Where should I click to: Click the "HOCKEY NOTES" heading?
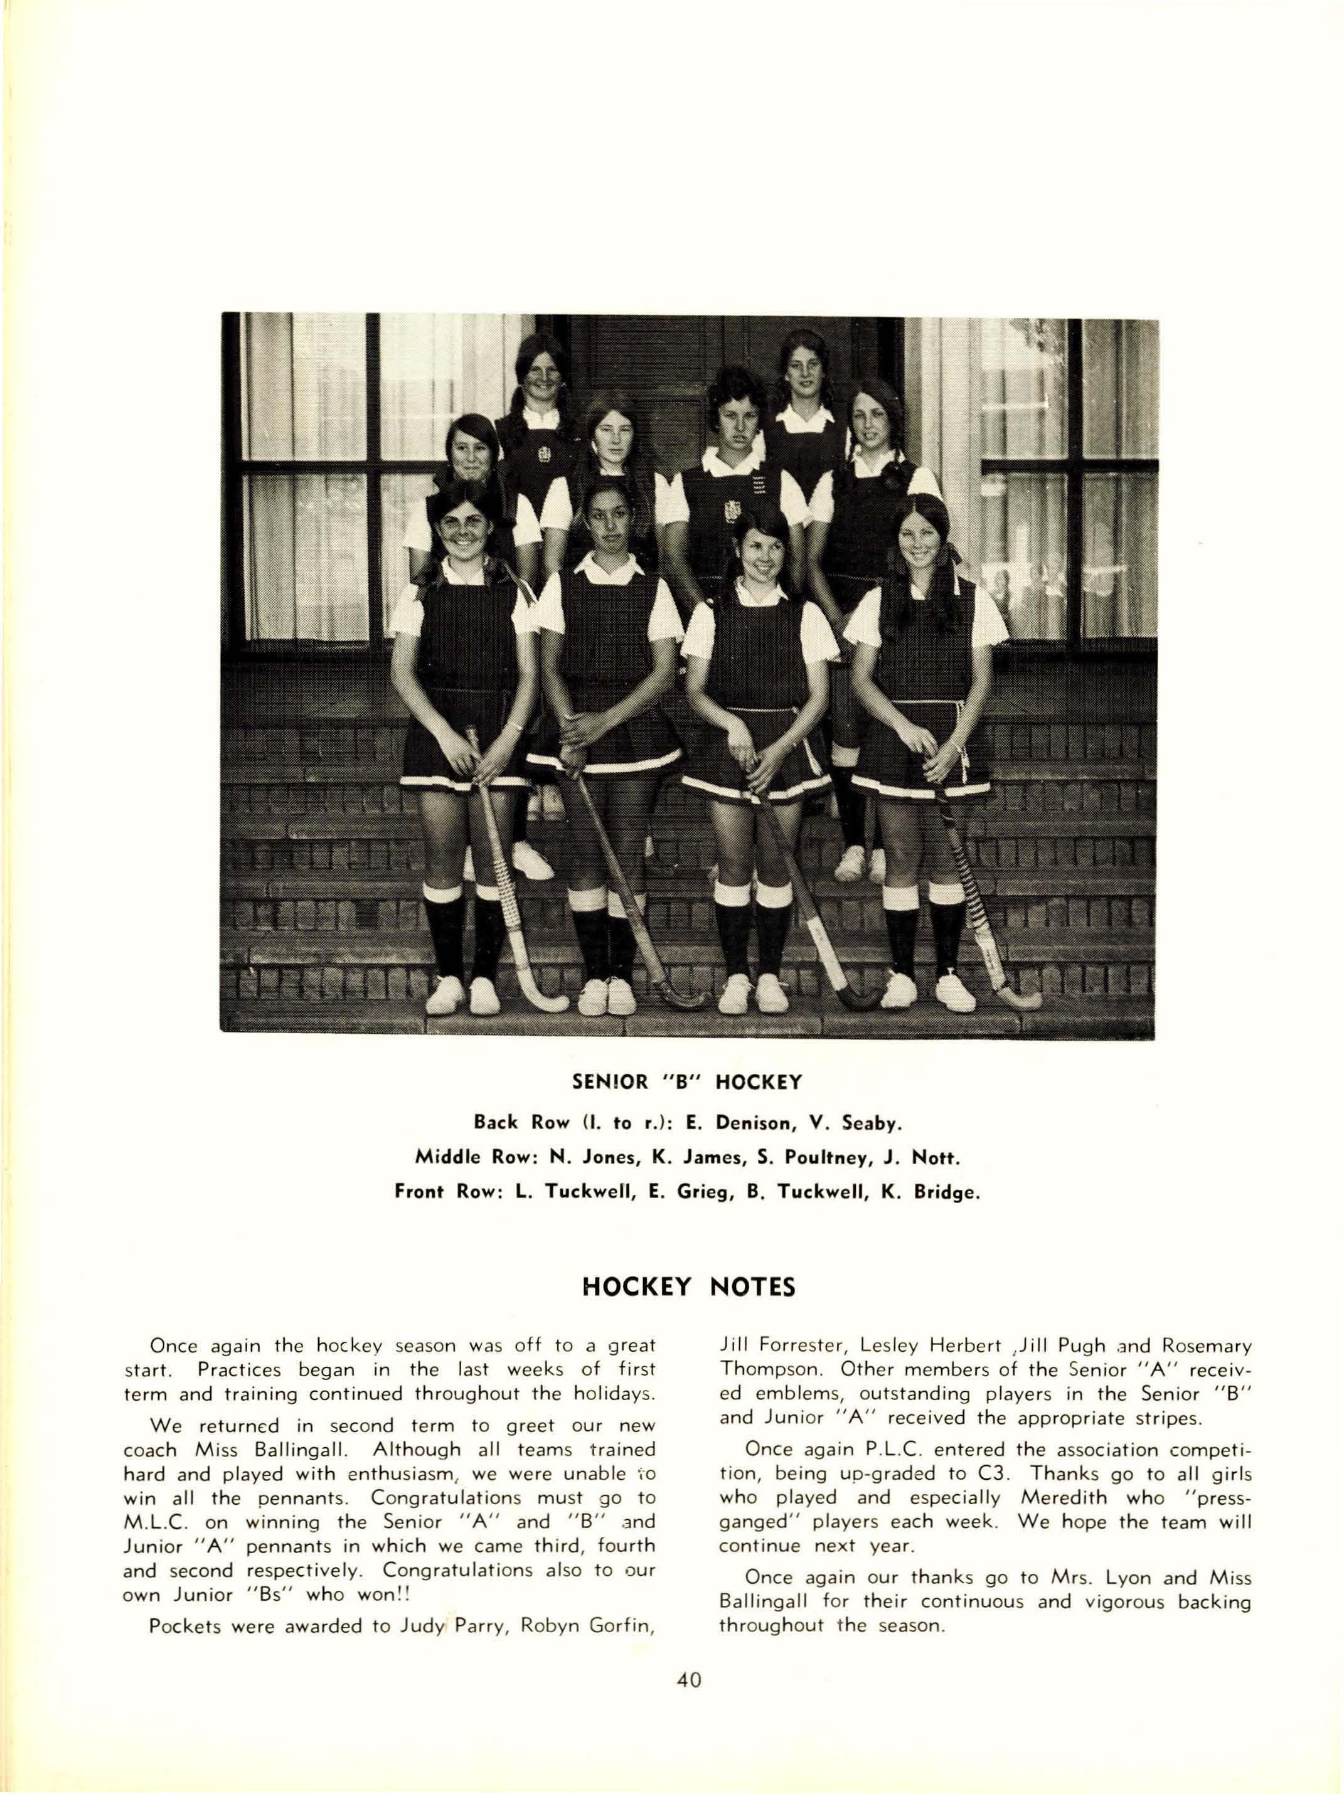(x=688, y=1287)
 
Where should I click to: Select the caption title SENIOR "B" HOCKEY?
(x=687, y=1082)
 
